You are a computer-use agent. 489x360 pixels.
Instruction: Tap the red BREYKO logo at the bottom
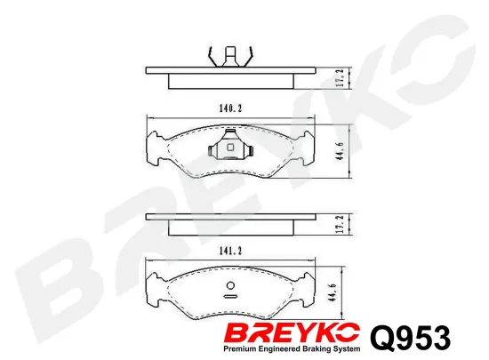pos(294,334)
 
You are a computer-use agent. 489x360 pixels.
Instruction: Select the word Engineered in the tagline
pos(286,351)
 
